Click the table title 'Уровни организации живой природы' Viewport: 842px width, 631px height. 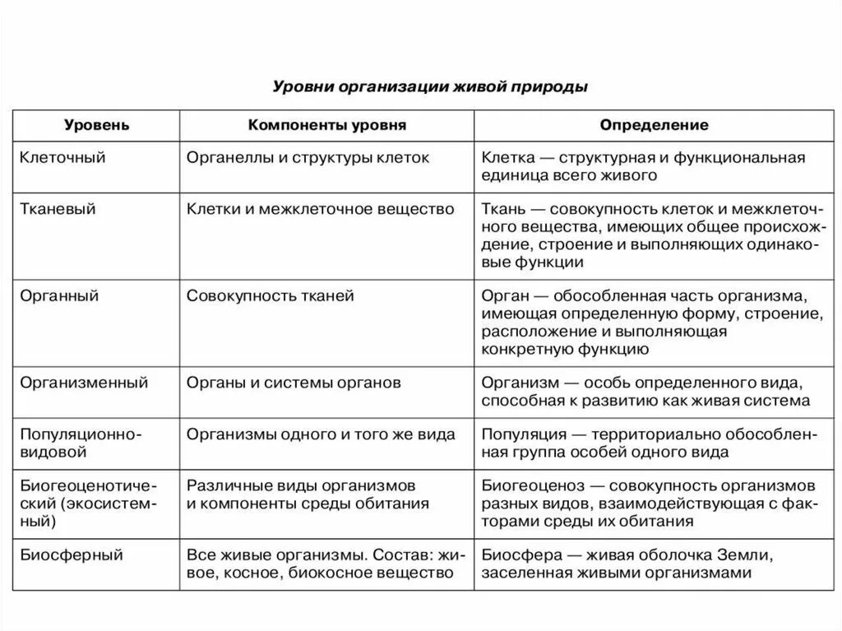429,86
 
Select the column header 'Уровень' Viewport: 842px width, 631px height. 97,126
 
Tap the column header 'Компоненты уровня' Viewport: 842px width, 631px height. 327,126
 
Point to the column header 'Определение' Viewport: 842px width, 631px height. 654,126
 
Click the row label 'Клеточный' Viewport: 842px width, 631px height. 62,157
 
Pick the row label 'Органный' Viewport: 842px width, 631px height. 59,295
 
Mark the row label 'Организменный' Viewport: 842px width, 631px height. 84,382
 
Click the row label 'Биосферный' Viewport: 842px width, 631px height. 71,554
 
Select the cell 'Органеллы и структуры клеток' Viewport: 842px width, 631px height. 308,157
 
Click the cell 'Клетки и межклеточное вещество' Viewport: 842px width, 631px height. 321,209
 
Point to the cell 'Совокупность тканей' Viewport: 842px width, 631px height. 271,295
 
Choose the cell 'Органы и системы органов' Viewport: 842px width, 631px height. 294,382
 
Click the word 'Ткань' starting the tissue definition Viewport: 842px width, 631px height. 501,209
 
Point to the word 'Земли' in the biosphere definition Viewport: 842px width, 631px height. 744,554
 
